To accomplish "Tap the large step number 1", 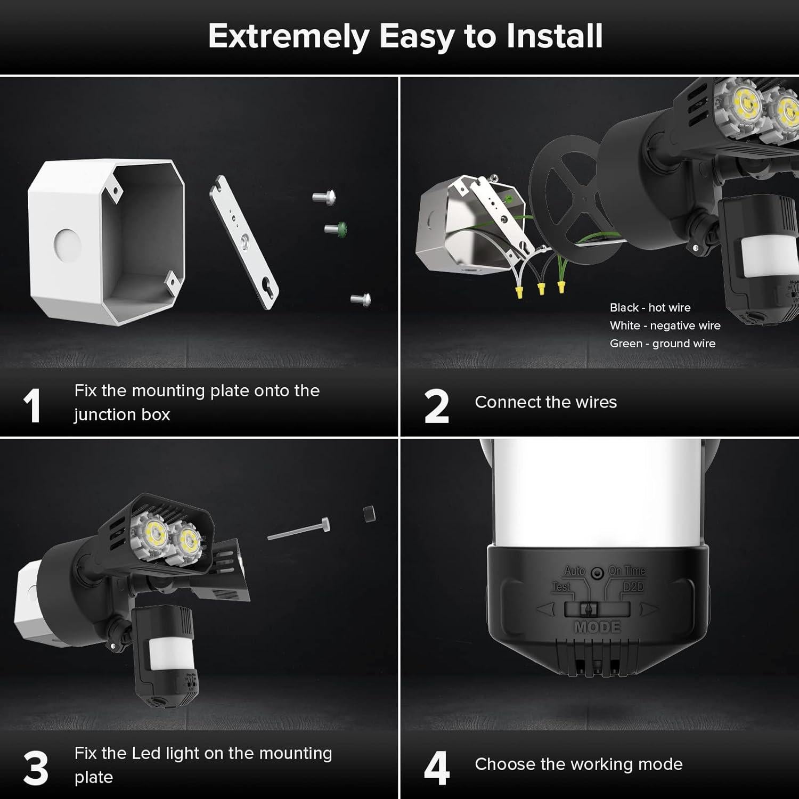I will (x=32, y=406).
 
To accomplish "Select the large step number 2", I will (x=436, y=406).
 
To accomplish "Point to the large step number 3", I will (x=35, y=769).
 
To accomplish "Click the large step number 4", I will (x=436, y=769).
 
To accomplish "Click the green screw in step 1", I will (x=337, y=229).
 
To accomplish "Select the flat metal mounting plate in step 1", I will (x=244, y=242).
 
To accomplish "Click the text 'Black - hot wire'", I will (x=650, y=307).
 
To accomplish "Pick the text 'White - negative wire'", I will (x=665, y=325).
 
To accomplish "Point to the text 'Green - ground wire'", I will (x=662, y=344).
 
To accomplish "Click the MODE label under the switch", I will (x=597, y=627).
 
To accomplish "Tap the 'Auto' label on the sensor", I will (x=574, y=571).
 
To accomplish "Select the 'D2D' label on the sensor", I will (x=633, y=587).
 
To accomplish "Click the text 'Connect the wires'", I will (x=545, y=402).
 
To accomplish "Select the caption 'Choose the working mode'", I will (x=578, y=764).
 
